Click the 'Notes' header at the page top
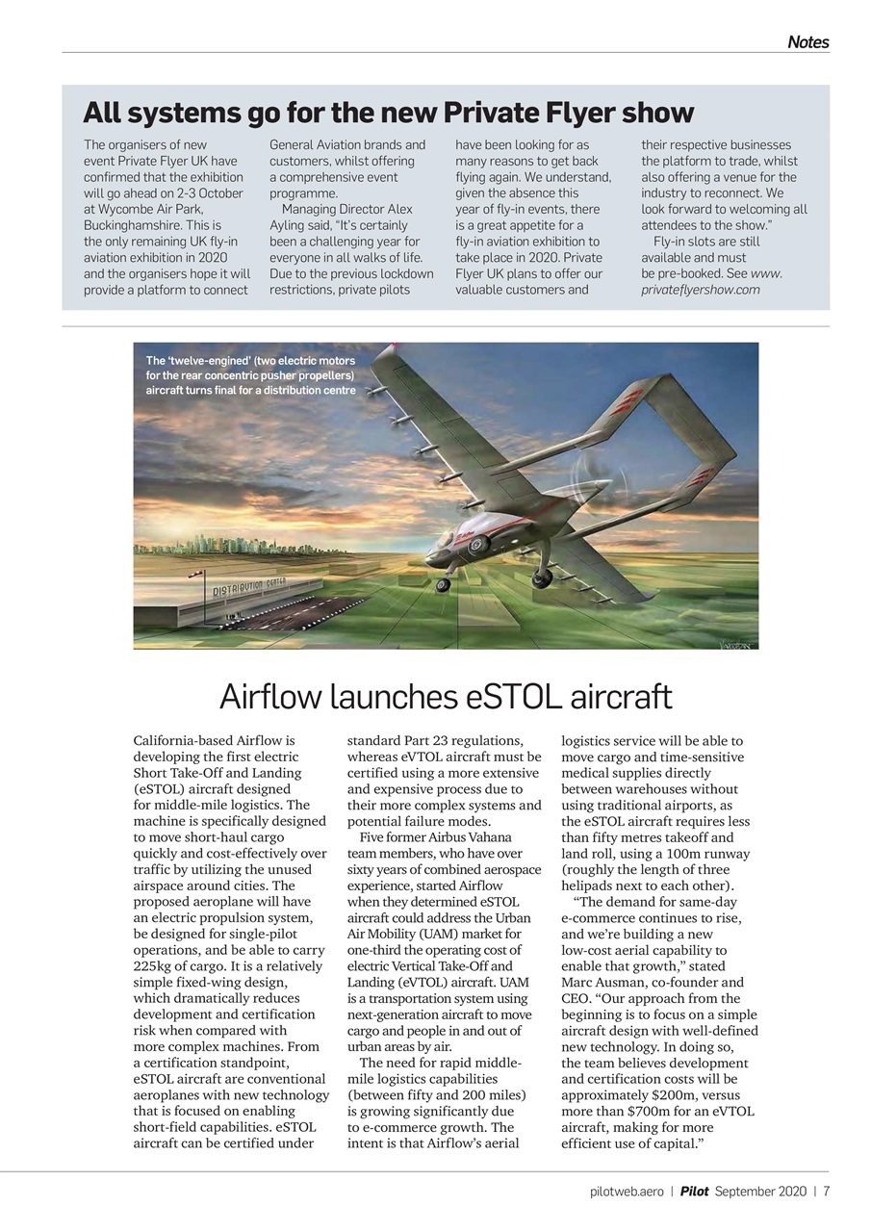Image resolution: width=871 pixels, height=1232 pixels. pyautogui.click(x=807, y=41)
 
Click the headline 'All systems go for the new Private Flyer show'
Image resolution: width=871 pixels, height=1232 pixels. pyautogui.click(x=388, y=113)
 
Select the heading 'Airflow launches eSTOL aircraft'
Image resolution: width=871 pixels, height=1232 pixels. pyautogui.click(x=446, y=696)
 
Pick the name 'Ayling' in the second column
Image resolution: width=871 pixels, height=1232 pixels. pyautogui.click(x=288, y=225)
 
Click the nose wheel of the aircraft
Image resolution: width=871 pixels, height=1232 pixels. pyautogui.click(x=442, y=584)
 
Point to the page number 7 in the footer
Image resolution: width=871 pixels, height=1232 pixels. pyautogui.click(x=826, y=1192)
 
